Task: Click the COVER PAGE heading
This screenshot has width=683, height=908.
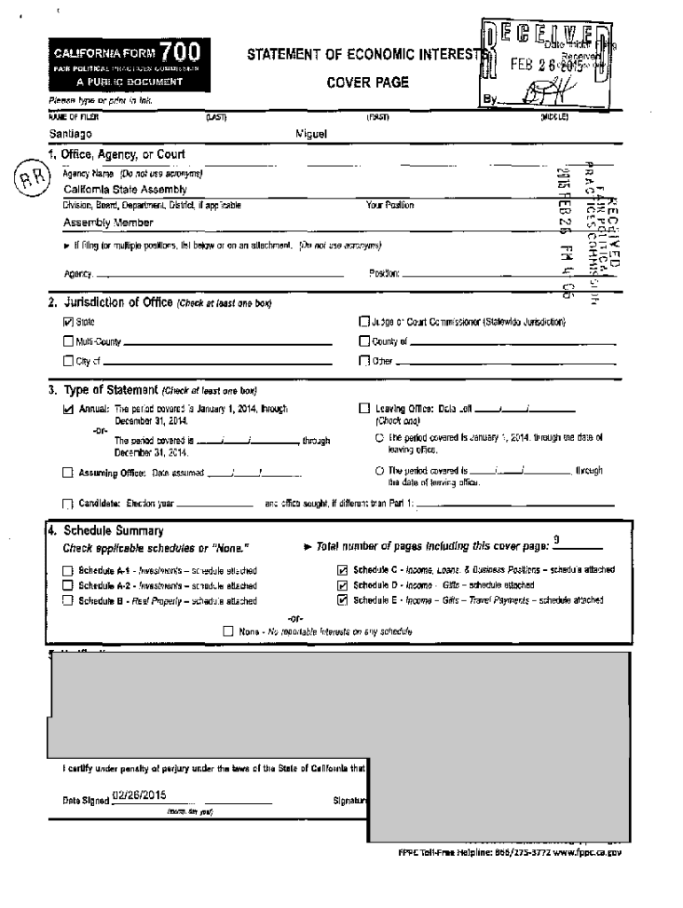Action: (x=367, y=82)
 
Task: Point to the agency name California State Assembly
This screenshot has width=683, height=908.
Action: (x=125, y=189)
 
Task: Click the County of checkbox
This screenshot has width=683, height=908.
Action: (x=363, y=341)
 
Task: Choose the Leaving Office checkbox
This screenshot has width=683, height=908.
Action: (x=364, y=410)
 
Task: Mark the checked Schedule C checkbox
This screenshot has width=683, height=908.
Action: (x=342, y=570)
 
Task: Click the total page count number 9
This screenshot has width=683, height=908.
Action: (x=556, y=540)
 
